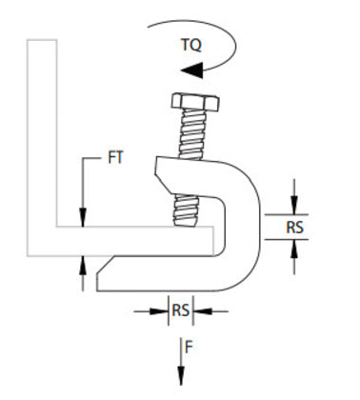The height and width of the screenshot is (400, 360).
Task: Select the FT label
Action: tap(115, 159)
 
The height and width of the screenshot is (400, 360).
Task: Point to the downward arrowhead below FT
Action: tap(85, 219)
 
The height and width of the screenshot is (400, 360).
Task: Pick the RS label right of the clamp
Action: tap(295, 227)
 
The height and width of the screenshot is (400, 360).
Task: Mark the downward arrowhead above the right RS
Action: tap(294, 206)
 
